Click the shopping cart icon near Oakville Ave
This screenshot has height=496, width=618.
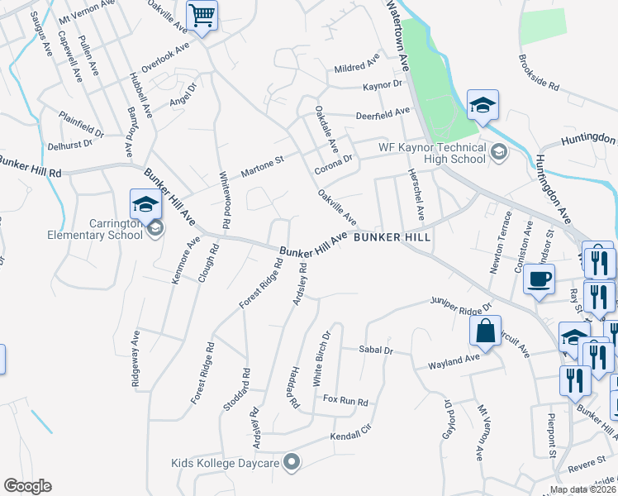coord(202,15)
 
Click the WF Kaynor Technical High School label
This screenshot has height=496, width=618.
coord(432,152)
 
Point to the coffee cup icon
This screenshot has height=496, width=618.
coord(539,279)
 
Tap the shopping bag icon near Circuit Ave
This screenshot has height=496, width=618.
coord(486,331)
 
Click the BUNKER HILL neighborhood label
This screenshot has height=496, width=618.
coord(392,236)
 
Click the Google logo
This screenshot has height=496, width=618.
coord(27,486)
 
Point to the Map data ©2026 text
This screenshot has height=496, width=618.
coord(582,489)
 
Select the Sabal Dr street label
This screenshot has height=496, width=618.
coord(375,351)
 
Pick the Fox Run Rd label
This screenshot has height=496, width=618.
coord(345,401)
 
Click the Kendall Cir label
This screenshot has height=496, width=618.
coord(352,434)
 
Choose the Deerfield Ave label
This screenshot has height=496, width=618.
coord(383,112)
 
